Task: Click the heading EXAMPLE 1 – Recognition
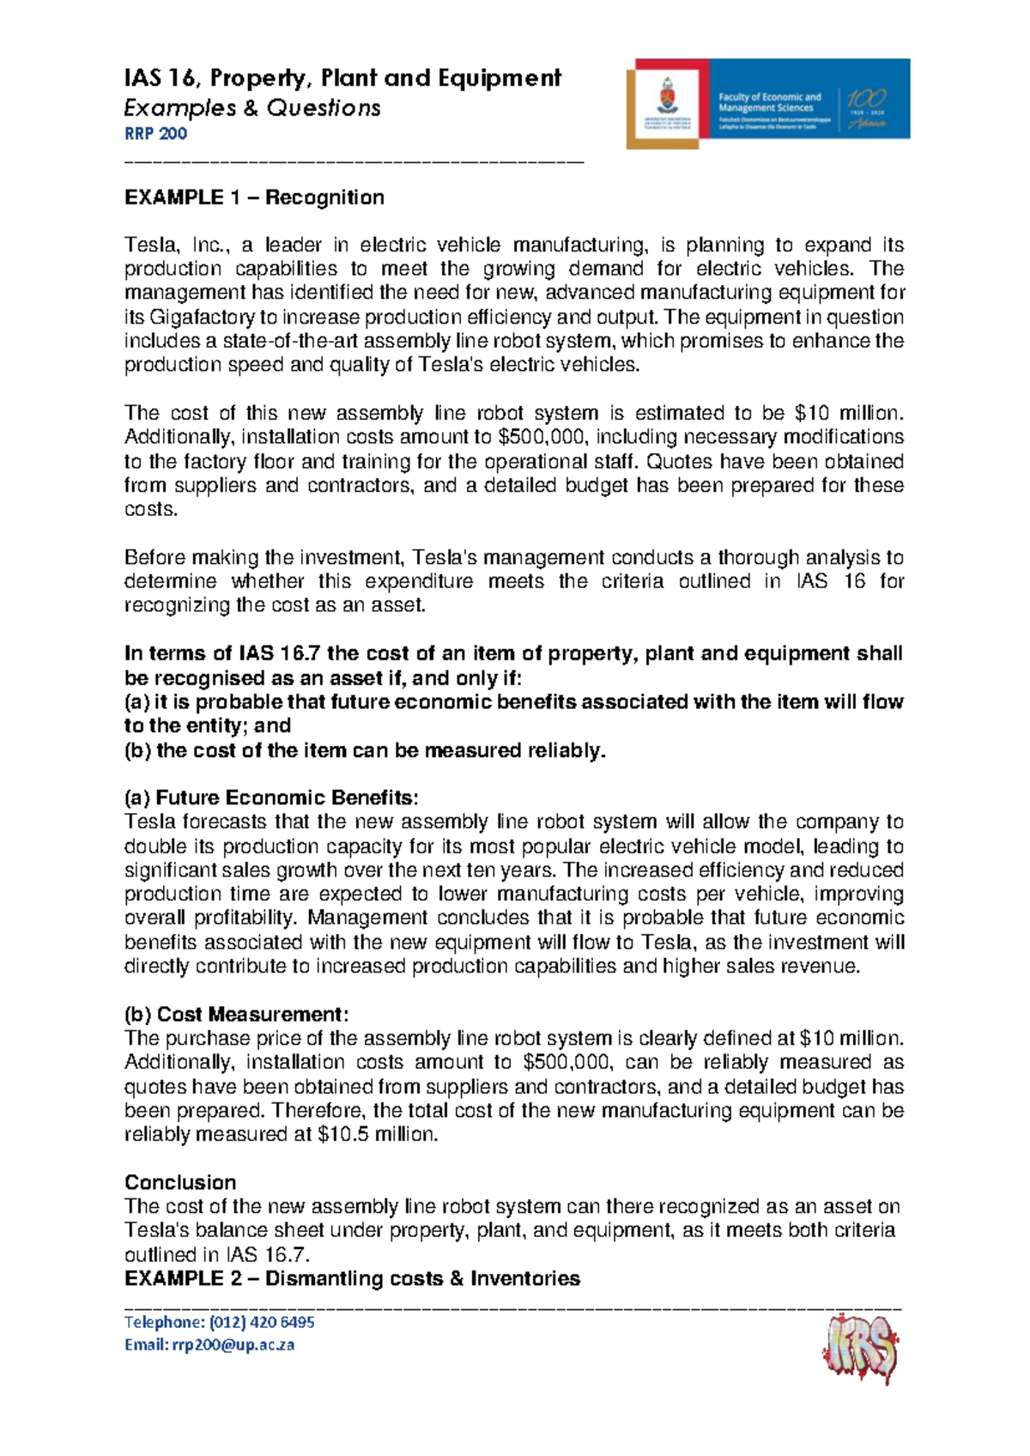click(254, 198)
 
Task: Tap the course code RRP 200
click(155, 134)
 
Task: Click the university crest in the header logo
click(667, 102)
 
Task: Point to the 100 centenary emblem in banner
click(866, 104)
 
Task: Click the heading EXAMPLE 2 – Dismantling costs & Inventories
click(352, 1279)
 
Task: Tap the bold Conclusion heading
click(180, 1183)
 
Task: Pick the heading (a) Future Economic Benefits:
click(272, 798)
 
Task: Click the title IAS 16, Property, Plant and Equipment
click(342, 79)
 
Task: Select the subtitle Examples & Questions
click(252, 108)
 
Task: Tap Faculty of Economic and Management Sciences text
click(769, 103)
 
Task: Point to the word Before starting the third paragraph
click(154, 558)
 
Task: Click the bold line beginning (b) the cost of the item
click(365, 751)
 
